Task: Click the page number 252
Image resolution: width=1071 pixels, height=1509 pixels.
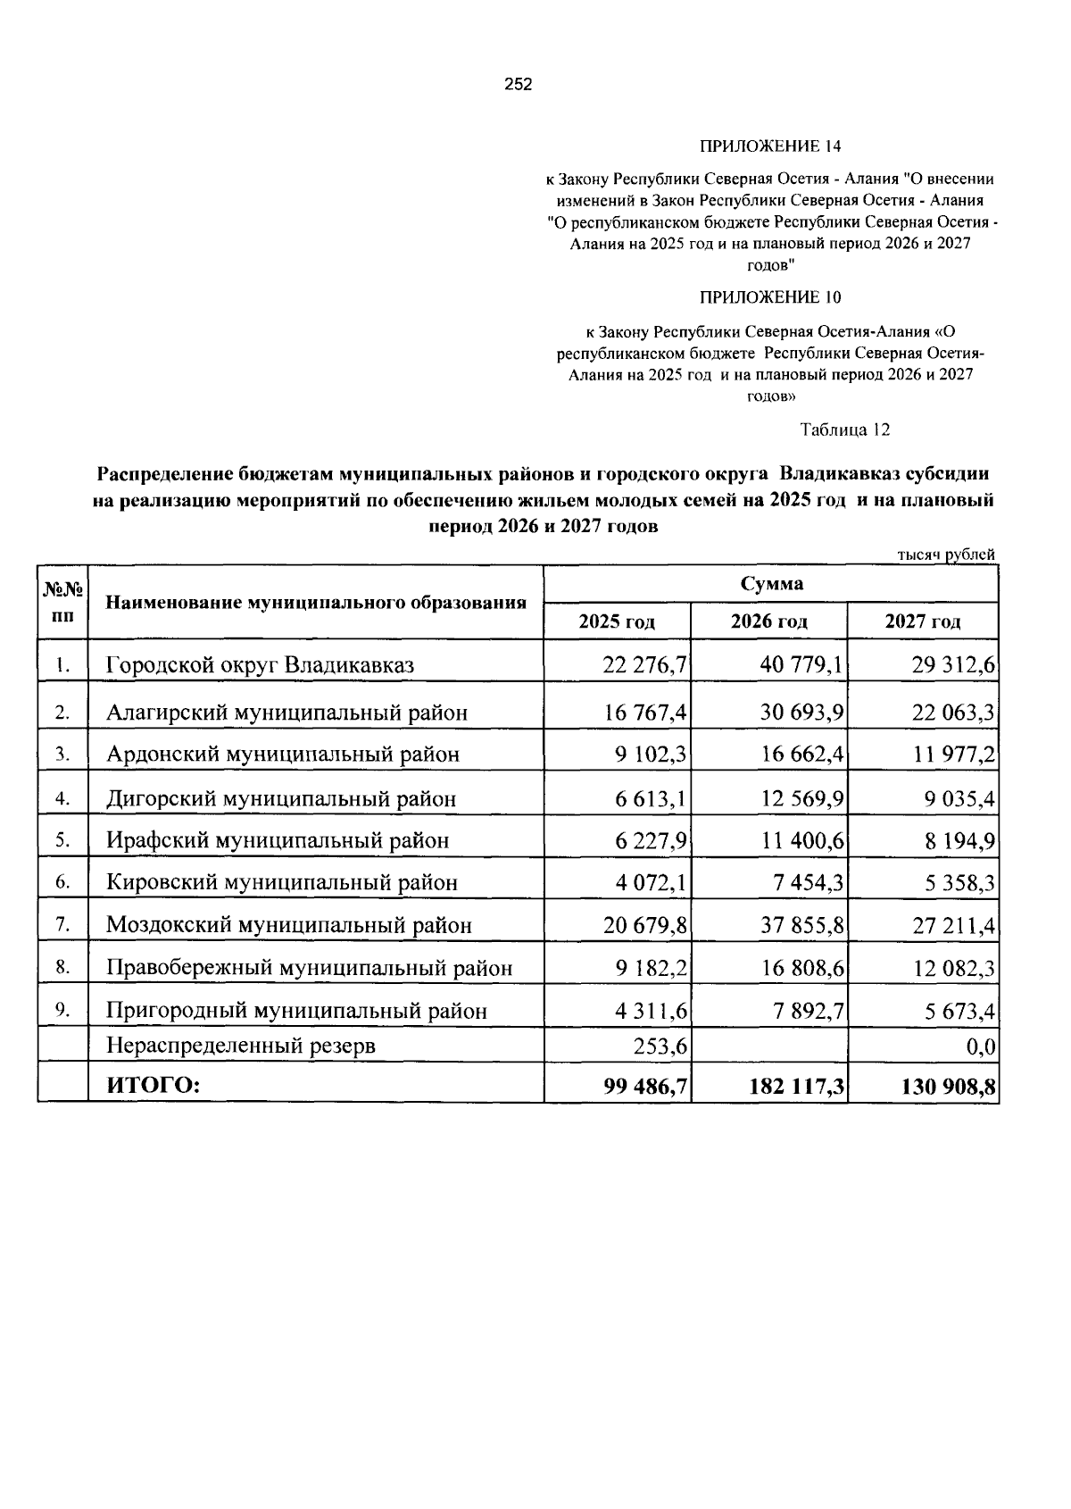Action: (x=518, y=85)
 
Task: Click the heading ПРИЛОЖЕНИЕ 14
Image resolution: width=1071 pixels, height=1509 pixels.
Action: (x=769, y=146)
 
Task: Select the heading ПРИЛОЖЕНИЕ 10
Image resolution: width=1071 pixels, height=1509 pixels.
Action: (x=769, y=297)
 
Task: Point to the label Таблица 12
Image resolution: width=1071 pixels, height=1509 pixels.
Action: (x=845, y=429)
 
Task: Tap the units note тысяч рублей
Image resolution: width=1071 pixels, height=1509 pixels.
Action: (x=945, y=555)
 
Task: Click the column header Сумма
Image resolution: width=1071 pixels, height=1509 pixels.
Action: (x=771, y=584)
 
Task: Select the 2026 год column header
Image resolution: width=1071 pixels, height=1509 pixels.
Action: (x=768, y=621)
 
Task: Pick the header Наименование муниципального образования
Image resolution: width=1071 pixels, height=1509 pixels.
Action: (x=316, y=602)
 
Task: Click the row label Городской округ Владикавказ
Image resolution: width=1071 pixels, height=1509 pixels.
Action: (x=261, y=665)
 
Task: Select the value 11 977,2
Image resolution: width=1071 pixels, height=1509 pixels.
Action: (x=954, y=754)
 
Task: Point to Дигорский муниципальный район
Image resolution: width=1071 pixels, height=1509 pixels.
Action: (x=281, y=798)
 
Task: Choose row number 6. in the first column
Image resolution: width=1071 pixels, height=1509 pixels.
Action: (x=62, y=881)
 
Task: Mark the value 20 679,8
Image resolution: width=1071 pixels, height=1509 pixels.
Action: (x=644, y=925)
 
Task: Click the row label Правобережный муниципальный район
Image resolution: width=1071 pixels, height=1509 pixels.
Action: (x=310, y=968)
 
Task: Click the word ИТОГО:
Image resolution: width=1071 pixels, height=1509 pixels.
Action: (x=153, y=1086)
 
